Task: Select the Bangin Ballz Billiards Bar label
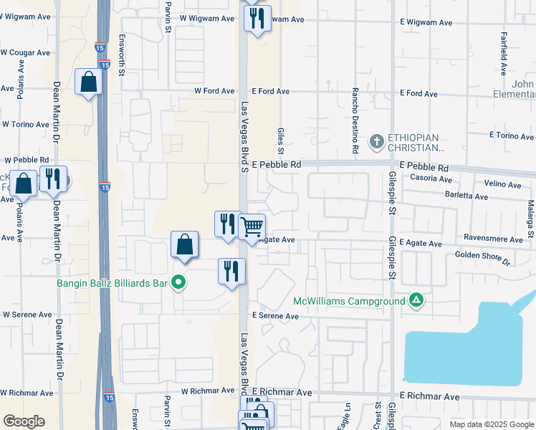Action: (x=112, y=283)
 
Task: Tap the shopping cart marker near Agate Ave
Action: (x=252, y=228)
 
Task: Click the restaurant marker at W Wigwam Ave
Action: (x=257, y=18)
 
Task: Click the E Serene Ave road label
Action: (x=274, y=316)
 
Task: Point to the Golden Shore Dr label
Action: (x=482, y=259)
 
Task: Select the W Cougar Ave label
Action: (x=25, y=52)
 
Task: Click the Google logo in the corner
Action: (x=24, y=421)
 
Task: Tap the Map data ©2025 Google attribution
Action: (x=492, y=424)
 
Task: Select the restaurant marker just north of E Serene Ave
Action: (x=231, y=272)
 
